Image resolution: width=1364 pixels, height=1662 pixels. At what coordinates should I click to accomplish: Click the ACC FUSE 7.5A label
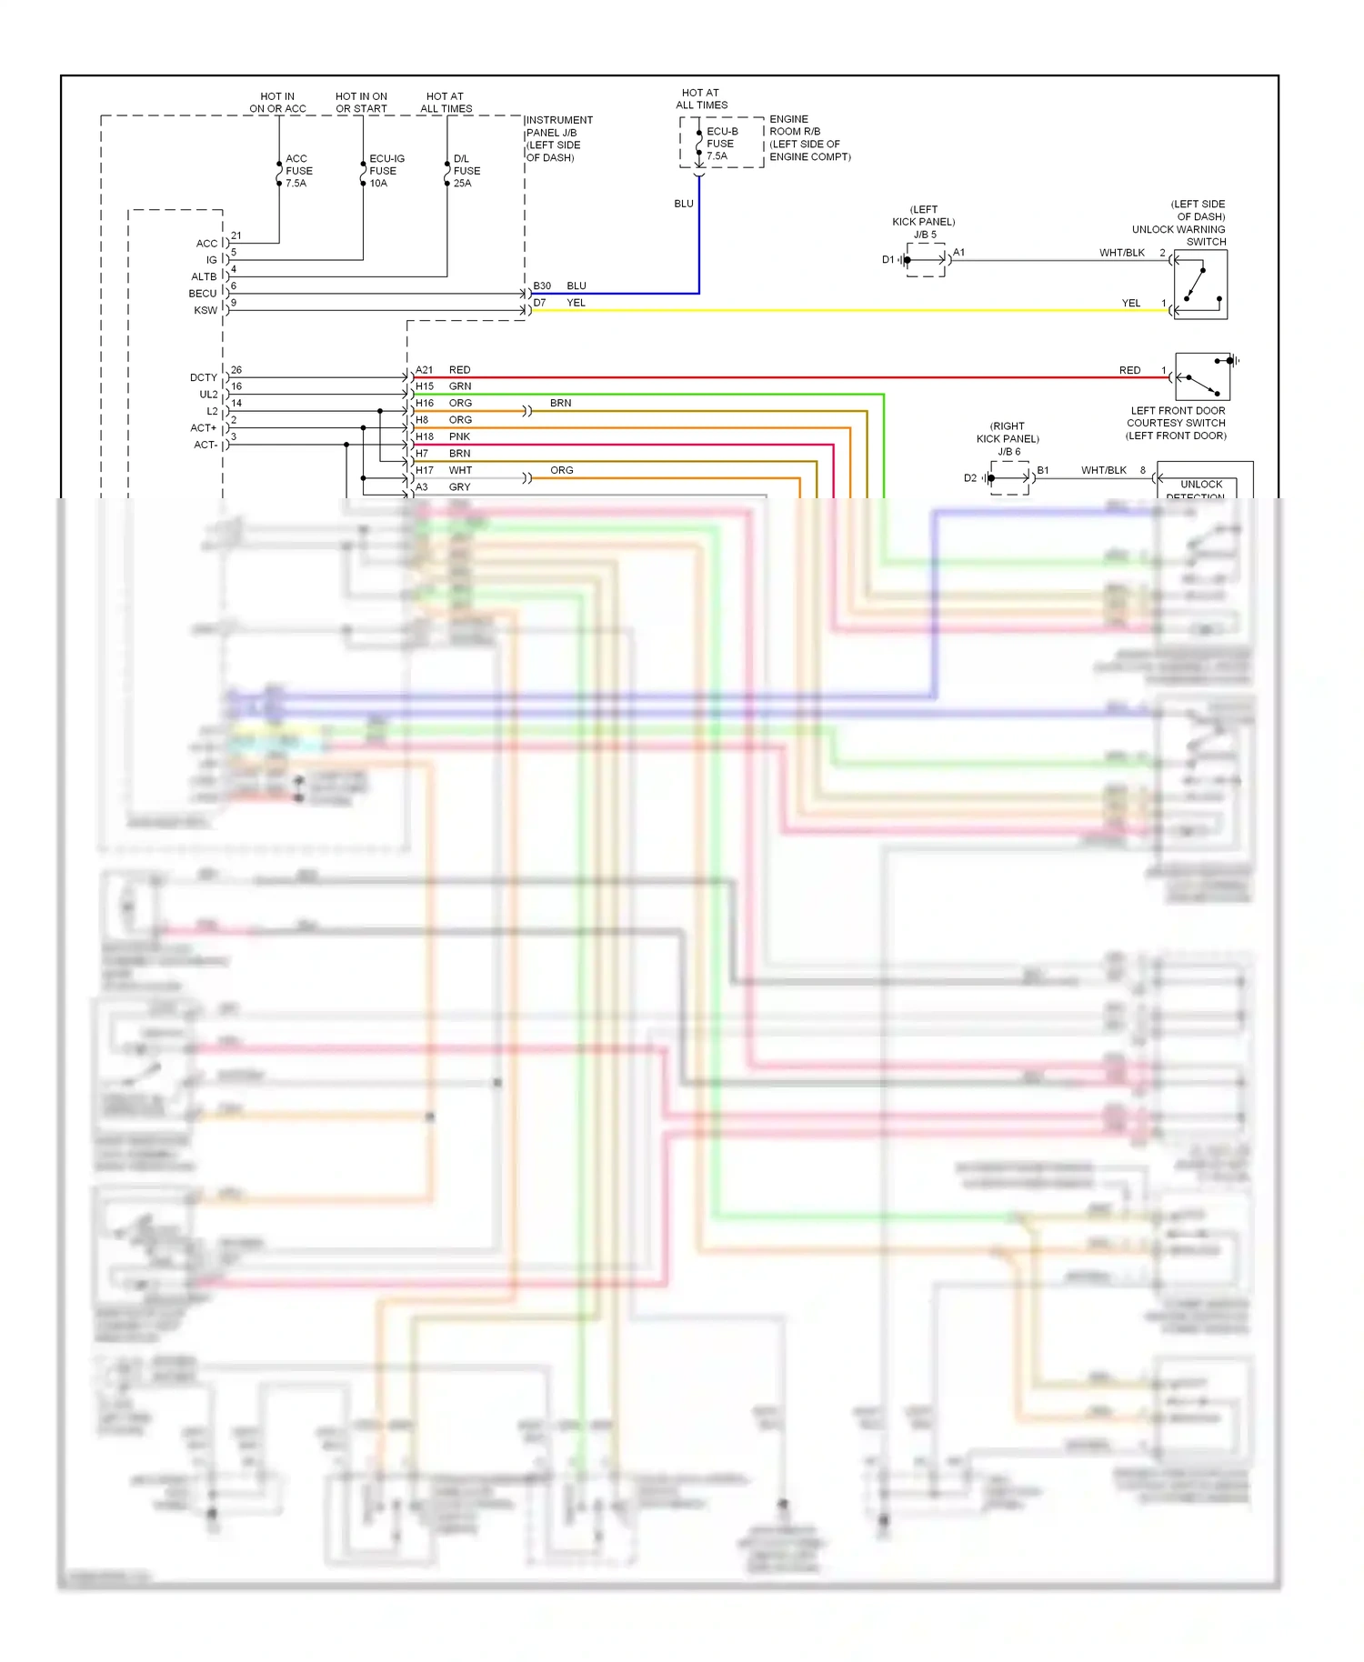click(298, 171)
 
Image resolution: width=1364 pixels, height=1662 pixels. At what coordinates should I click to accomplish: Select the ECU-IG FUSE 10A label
click(386, 171)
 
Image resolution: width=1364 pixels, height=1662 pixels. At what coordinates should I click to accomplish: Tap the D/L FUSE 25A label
click(466, 171)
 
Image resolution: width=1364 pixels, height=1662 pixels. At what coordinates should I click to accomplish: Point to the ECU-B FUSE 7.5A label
click(722, 144)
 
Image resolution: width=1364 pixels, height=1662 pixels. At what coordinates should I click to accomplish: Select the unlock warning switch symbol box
click(1200, 285)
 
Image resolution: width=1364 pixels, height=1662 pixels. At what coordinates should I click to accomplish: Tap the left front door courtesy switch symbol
click(1202, 376)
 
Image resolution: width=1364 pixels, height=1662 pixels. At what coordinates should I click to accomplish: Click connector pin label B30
click(542, 285)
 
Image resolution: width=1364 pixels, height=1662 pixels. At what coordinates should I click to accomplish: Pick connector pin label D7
click(540, 303)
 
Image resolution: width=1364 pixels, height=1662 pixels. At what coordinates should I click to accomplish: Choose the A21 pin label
click(425, 370)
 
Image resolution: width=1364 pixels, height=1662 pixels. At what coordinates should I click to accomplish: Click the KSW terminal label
click(206, 310)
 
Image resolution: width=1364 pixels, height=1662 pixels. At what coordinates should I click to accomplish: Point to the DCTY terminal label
click(204, 377)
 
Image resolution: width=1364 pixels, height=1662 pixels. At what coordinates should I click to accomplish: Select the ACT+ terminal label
click(204, 427)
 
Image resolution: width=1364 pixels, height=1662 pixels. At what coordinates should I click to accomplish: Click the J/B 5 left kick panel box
click(926, 260)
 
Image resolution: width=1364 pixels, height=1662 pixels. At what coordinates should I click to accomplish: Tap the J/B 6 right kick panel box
click(1009, 477)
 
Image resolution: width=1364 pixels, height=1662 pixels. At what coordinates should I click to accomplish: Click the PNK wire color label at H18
click(459, 436)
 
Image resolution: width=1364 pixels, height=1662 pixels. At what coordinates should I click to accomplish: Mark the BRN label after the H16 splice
click(560, 403)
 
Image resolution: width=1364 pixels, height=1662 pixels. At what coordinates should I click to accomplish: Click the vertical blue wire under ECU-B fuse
click(698, 236)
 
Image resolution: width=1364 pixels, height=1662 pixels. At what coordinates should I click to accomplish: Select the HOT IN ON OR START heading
click(361, 102)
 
